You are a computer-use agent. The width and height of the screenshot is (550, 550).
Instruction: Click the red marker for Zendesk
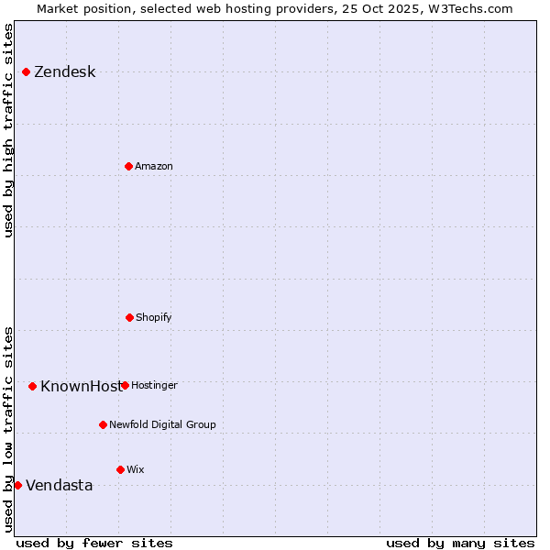pos(26,71)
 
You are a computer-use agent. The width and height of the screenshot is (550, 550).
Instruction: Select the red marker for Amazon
pos(128,166)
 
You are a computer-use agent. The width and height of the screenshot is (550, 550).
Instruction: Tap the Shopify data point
pos(129,317)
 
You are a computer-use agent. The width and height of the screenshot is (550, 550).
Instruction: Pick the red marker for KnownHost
pos(32,386)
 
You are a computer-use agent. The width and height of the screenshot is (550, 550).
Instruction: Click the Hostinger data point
pos(125,385)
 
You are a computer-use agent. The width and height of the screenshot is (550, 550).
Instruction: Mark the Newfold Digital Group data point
pos(103,424)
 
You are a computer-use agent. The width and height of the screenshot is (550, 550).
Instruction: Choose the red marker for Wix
pos(120,469)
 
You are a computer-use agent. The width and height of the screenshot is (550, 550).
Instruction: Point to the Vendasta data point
pos(17,485)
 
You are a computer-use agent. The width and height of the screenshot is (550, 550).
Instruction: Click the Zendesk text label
pos(64,72)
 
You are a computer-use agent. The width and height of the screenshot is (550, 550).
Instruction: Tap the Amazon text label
pos(154,167)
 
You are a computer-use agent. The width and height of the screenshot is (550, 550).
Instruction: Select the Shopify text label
pos(154,318)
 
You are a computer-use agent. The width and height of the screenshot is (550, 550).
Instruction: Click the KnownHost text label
pos(80,387)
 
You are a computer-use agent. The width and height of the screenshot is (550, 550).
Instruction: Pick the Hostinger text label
pos(154,386)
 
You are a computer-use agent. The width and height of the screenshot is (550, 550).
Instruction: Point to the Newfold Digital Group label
pos(162,425)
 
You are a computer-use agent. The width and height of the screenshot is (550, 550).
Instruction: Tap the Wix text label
pos(136,470)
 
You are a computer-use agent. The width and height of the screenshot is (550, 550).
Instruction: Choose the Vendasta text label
pos(59,486)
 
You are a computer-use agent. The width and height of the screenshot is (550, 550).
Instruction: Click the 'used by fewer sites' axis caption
pos(94,544)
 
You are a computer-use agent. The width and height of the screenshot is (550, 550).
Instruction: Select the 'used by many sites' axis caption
pos(460,544)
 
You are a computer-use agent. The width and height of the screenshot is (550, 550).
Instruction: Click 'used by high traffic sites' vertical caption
pos(8,130)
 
